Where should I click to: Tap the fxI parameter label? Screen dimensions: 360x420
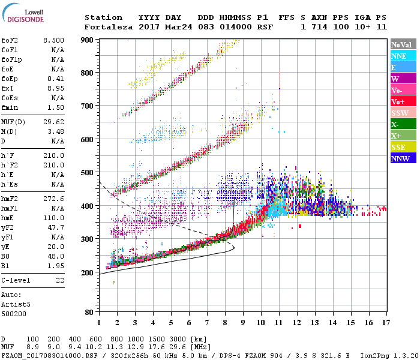(x=8, y=88)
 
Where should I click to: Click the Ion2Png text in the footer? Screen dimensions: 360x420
(x=376, y=355)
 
